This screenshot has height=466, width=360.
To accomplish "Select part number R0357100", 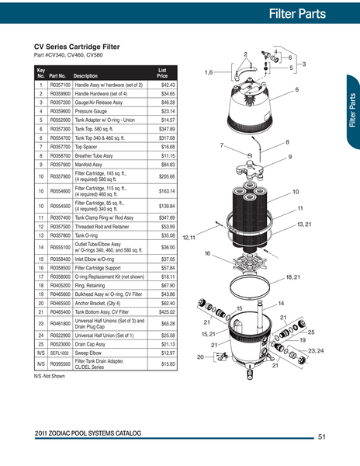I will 61,84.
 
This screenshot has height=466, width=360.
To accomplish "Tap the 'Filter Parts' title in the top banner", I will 307,13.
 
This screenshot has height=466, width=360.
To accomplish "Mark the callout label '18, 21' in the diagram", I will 292,276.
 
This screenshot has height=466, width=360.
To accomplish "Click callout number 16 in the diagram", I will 207,253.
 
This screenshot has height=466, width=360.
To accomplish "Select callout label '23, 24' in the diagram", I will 316,352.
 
